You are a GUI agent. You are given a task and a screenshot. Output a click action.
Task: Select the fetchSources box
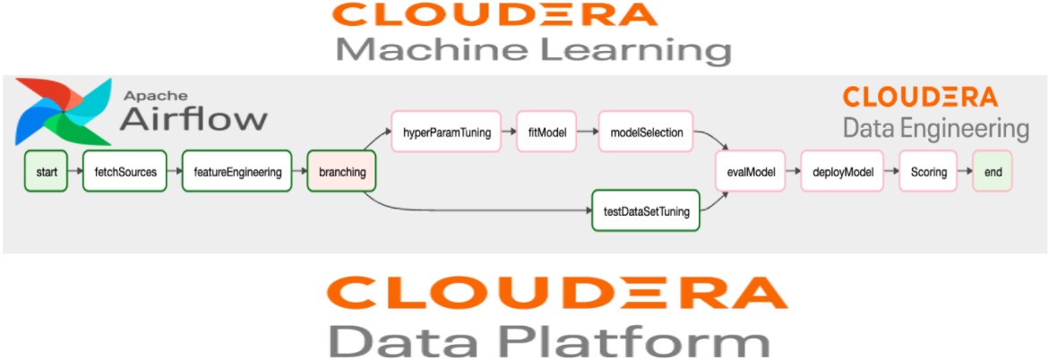pyautogui.click(x=125, y=172)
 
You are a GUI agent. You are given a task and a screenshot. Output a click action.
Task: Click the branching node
pyautogui.click(x=341, y=172)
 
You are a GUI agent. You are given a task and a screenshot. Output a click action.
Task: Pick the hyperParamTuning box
pyautogui.click(x=446, y=133)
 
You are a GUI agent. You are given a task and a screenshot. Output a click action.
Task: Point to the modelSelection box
pyautogui.click(x=647, y=133)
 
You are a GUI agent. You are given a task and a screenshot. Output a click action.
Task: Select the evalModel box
pyautogui.click(x=750, y=172)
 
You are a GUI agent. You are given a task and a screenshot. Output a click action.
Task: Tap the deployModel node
pyautogui.click(x=842, y=172)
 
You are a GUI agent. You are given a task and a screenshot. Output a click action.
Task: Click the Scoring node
pyautogui.click(x=928, y=172)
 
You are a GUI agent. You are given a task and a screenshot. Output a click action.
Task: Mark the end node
pyautogui.click(x=993, y=172)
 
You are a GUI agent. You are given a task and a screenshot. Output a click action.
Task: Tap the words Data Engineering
pyautogui.click(x=935, y=128)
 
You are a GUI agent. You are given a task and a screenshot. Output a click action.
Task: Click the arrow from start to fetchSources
pyautogui.click(x=75, y=172)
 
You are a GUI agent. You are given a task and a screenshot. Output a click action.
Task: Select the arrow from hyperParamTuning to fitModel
pyautogui.click(x=508, y=133)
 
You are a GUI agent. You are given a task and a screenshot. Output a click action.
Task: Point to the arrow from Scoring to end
pyautogui.click(x=964, y=172)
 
